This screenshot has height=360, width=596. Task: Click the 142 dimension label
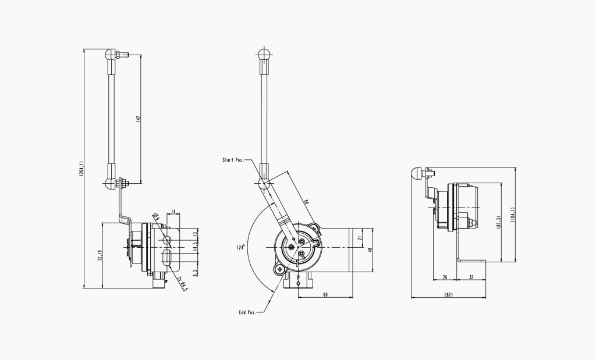coord(138,119)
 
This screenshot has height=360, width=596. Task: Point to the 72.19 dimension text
coord(100,256)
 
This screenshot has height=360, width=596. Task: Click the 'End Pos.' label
coord(247,312)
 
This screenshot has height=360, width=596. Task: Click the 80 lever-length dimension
coord(306,202)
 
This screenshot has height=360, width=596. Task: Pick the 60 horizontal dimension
coord(325,295)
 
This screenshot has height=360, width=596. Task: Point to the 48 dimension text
coord(370,250)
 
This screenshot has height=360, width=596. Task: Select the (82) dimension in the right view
coord(448,295)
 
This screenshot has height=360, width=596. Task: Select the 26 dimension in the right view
coord(445,277)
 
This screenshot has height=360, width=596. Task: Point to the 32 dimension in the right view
coord(470,277)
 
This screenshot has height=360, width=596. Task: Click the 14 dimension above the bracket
coord(173,211)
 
